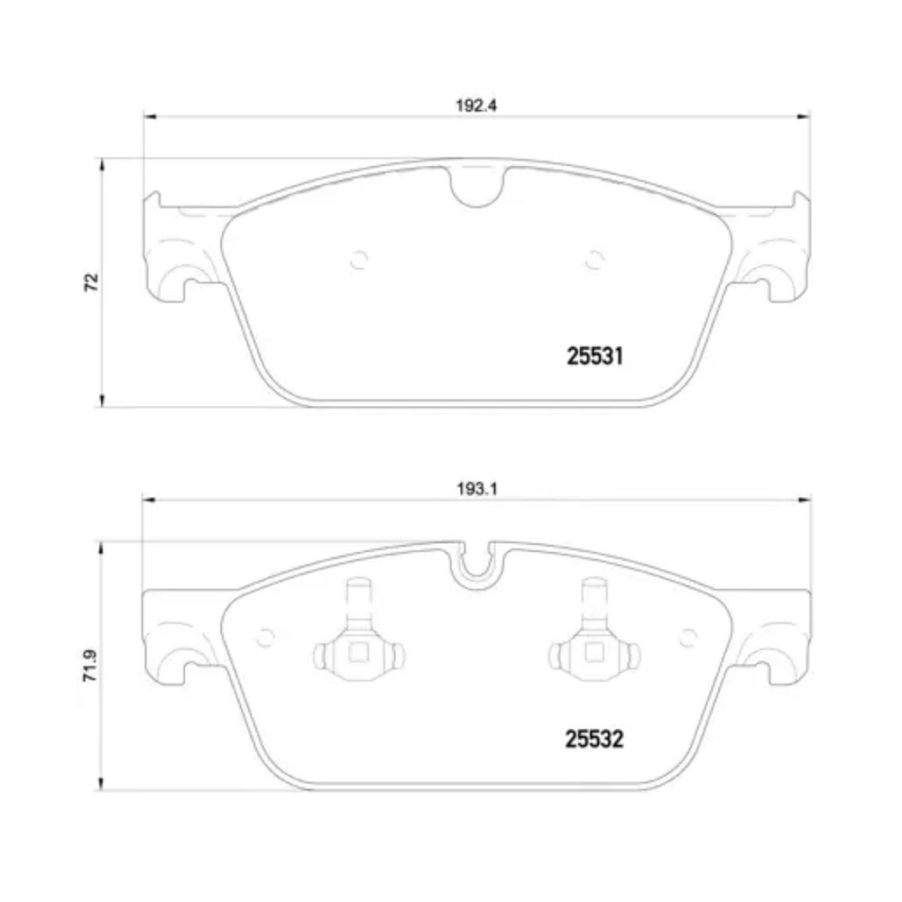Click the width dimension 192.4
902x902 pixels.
pos(476,104)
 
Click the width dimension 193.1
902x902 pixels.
pos(476,488)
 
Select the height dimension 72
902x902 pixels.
pos(90,281)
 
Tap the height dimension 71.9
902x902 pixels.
pos(90,664)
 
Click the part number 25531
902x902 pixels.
pos(595,357)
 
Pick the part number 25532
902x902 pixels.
pos(595,741)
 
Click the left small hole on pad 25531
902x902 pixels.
pos(358,260)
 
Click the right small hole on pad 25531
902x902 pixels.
pos(593,260)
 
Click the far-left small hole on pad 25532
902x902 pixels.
pos(264,637)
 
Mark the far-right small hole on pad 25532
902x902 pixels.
pos(688,637)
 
